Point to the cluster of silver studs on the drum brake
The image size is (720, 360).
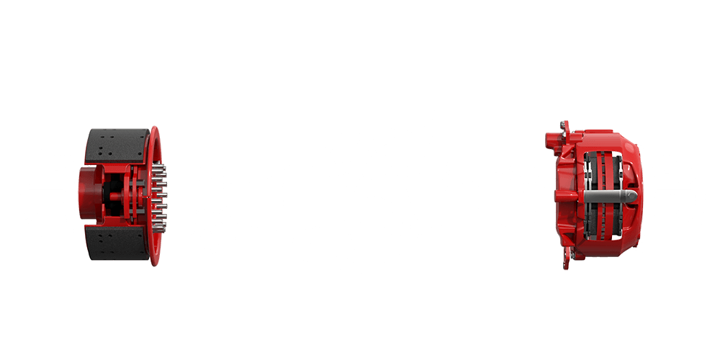[161, 196]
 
